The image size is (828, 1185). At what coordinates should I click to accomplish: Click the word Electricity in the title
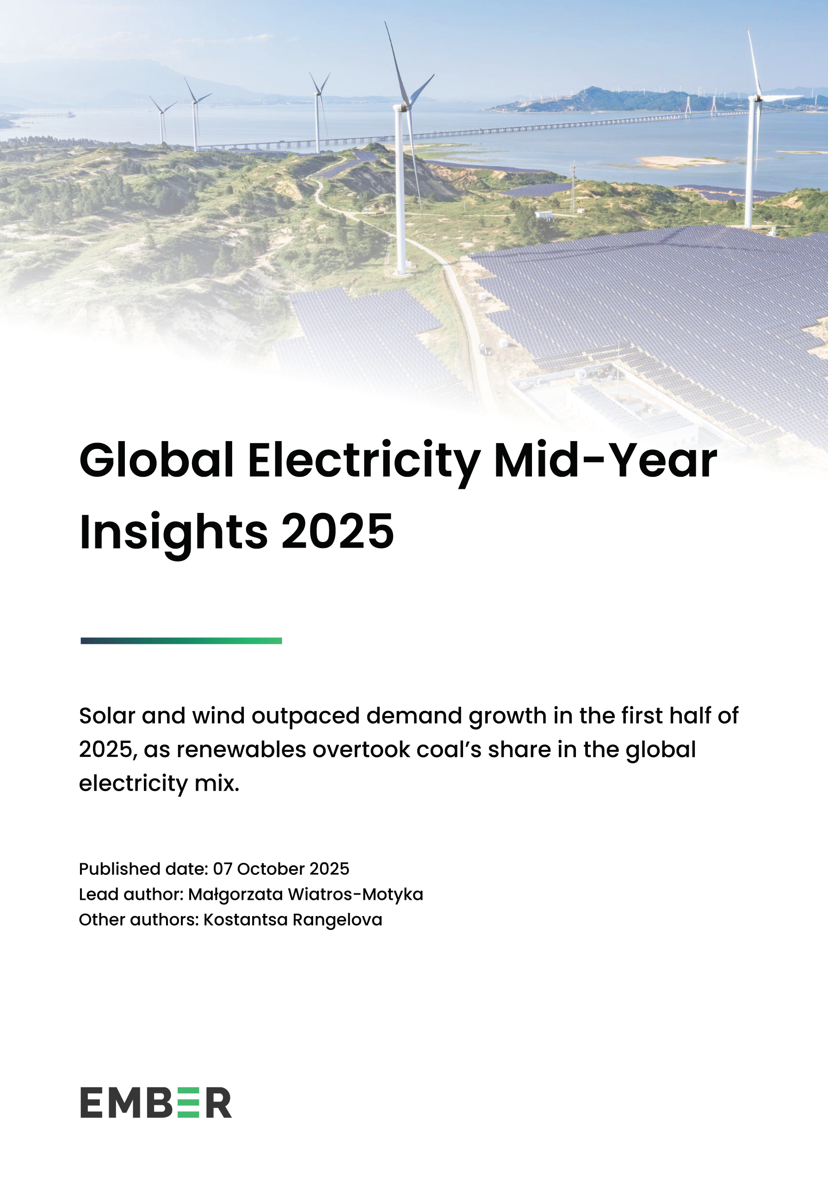coord(364,461)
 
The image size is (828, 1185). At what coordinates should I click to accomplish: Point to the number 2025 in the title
coord(337,531)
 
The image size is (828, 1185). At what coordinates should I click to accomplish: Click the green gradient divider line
coord(181,641)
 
